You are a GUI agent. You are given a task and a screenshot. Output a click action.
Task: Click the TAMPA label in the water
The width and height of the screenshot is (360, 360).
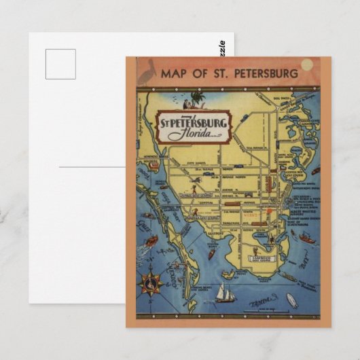click(259, 300)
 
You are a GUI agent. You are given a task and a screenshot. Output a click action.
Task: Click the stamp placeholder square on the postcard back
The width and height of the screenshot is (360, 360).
click(60, 64)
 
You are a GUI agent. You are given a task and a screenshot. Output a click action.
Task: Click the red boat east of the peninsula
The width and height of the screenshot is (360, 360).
click(308, 238)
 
